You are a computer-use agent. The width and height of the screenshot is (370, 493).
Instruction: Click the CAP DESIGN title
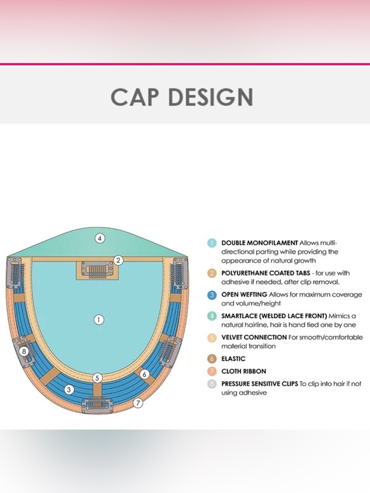tap(182, 97)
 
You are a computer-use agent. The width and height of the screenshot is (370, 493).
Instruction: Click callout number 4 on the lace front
tap(100, 238)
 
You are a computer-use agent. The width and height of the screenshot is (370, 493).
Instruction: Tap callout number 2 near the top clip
tap(118, 260)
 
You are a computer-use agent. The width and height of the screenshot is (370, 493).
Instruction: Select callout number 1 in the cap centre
tap(99, 320)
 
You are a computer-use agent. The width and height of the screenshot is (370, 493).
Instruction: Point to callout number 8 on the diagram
tap(24, 351)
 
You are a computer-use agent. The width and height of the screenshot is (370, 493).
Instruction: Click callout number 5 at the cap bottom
tap(97, 378)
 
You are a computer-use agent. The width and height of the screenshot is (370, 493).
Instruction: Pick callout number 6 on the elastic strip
tap(144, 374)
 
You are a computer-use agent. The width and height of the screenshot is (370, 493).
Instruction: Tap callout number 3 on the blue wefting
tap(69, 390)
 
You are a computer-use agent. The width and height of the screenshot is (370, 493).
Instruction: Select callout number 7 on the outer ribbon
tap(138, 403)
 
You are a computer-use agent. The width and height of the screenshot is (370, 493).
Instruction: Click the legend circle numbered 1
tap(212, 243)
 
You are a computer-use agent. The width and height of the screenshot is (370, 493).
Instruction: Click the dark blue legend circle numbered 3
tap(212, 295)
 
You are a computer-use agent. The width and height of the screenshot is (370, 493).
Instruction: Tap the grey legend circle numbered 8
tap(212, 384)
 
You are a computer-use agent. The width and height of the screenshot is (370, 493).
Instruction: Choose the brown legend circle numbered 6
tap(212, 359)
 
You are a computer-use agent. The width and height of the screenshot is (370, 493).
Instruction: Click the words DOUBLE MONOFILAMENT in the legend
tap(259, 243)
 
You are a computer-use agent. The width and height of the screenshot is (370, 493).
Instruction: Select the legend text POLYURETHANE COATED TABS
tap(266, 273)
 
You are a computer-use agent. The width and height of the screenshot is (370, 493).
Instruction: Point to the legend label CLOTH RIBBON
tap(244, 371)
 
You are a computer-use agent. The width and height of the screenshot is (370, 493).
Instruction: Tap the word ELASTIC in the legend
tap(233, 359)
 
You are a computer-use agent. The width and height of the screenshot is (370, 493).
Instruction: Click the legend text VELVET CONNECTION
tap(254, 337)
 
